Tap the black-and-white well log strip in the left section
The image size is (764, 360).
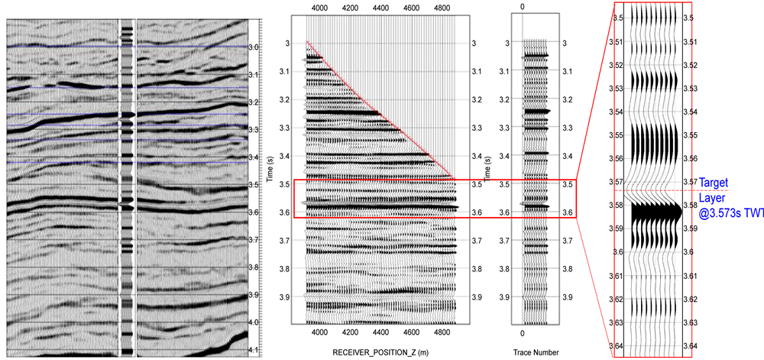tap(127, 183)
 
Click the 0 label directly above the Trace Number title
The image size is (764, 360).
tap(522, 334)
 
